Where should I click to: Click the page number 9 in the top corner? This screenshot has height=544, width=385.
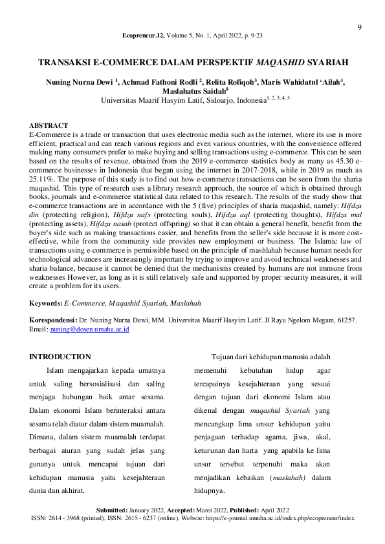point(360,27)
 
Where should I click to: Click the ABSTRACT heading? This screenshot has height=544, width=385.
point(49,125)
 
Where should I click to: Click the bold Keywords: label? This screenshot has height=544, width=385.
point(46,303)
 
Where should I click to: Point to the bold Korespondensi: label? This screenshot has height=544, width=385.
point(53,320)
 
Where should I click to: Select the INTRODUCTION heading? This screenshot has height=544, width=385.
point(60,357)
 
